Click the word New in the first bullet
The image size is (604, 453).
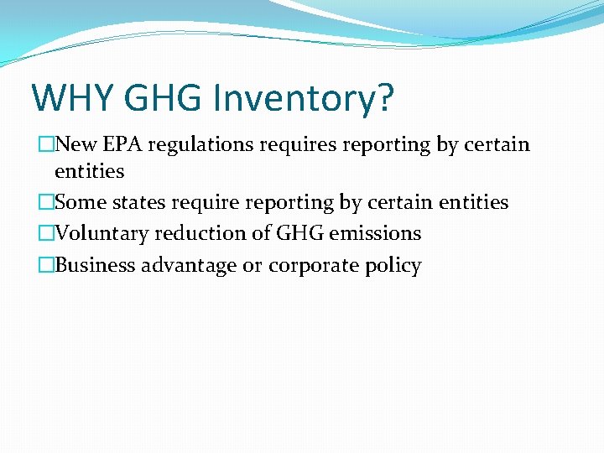(x=75, y=145)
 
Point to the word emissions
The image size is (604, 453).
(x=375, y=233)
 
